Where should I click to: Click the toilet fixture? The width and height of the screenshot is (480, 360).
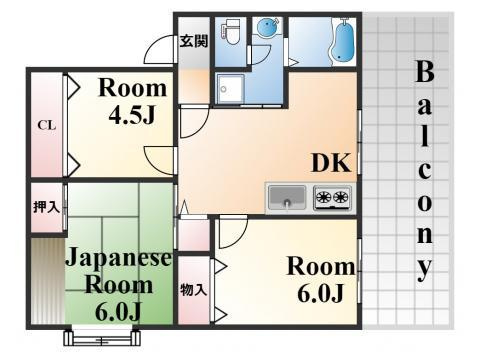click(x=229, y=33)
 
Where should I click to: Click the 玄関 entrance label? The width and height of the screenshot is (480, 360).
click(x=194, y=41)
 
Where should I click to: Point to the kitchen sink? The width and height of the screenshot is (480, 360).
click(x=288, y=198)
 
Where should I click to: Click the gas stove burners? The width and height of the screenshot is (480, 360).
click(x=333, y=198)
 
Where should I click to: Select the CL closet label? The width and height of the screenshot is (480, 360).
click(x=45, y=125)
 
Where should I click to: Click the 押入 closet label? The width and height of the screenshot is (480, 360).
click(x=46, y=207)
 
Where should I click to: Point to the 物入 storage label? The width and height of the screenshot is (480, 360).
click(x=194, y=291)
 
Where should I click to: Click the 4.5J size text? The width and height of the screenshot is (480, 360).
click(x=130, y=115)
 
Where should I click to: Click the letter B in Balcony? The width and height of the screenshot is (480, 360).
click(x=425, y=72)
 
